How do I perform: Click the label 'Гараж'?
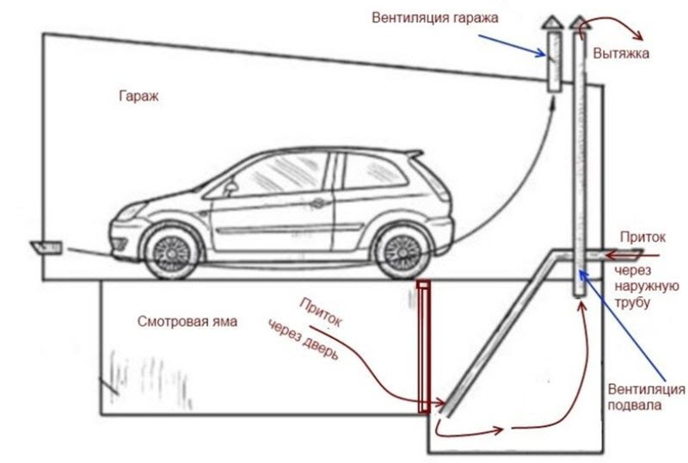pos(139,96)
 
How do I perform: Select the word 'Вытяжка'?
pos(620,54)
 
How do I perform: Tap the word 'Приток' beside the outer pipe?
pos(638,233)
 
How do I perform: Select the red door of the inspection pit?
pos(423,346)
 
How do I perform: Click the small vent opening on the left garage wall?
pos(46,248)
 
